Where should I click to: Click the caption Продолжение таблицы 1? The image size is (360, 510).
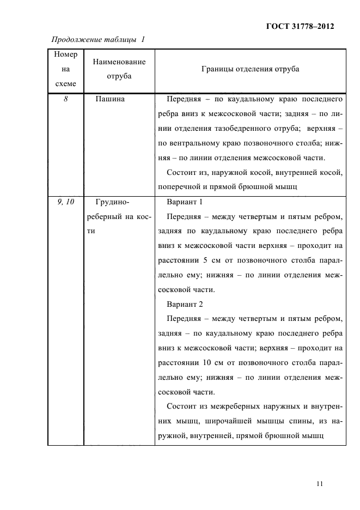(x=98, y=39)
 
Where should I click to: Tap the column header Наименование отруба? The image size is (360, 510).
(x=119, y=69)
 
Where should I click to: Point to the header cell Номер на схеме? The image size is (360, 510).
(x=66, y=69)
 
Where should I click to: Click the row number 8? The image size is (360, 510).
(x=65, y=100)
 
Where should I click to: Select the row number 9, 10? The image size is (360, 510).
(x=65, y=202)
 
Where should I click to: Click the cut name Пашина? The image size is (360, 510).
(x=110, y=100)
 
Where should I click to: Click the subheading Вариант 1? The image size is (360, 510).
(x=185, y=202)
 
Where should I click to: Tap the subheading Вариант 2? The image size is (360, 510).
(x=185, y=304)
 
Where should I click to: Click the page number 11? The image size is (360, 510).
(x=319, y=483)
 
